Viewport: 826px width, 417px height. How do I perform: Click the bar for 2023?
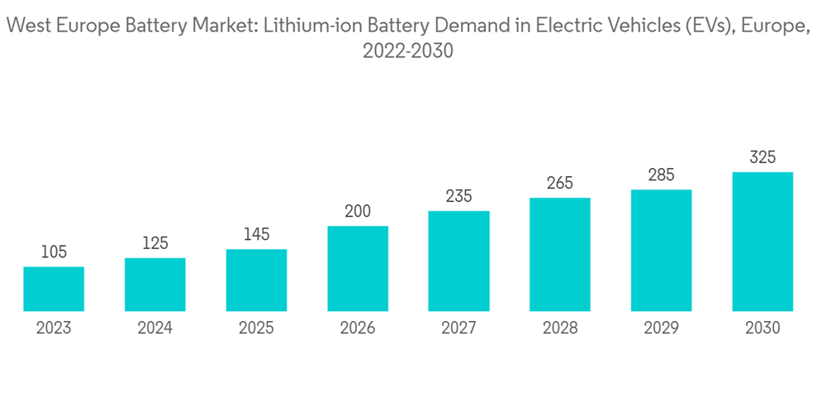tap(54, 289)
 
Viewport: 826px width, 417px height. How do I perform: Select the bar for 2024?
tap(155, 285)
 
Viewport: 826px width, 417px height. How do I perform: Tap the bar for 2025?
tap(256, 280)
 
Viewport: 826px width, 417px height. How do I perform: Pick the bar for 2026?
tap(358, 269)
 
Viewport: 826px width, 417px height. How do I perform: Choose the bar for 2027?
tap(458, 261)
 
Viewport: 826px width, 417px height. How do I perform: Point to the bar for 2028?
tap(560, 255)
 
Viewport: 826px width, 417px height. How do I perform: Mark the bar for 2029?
tap(662, 251)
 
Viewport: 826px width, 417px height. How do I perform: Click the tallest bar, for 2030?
tap(762, 242)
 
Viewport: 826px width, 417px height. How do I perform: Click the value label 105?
tap(54, 252)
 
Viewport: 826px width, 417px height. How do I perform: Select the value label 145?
tap(256, 235)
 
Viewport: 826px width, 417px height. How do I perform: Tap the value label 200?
tap(358, 212)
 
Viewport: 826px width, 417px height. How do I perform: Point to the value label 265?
tap(560, 184)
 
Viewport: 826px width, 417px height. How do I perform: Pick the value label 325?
tap(762, 157)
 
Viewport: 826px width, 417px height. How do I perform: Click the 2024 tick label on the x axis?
tap(155, 328)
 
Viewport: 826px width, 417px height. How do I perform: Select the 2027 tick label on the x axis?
tap(458, 328)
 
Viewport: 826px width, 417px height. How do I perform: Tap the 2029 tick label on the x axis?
tap(662, 328)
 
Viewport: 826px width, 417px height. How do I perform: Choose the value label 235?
tap(458, 197)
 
